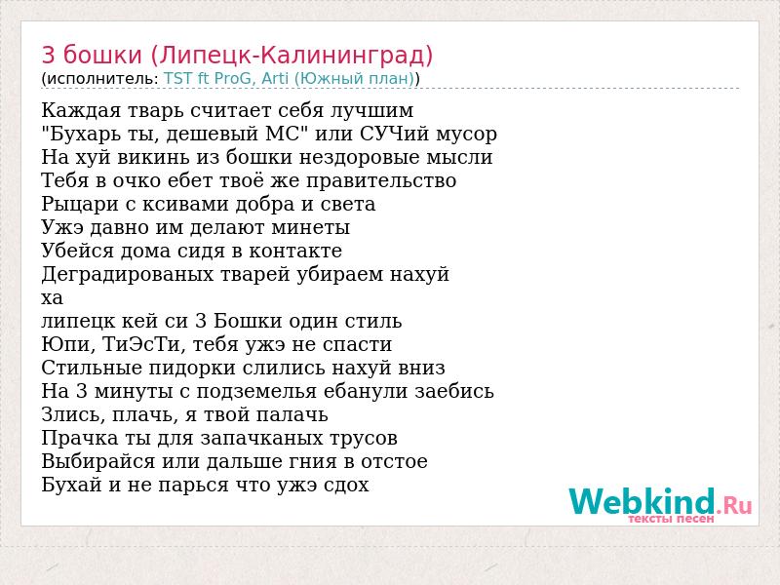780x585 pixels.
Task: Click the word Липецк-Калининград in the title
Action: click(x=292, y=56)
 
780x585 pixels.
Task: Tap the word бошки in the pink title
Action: click(x=102, y=55)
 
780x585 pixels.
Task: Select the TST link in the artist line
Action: click(x=178, y=79)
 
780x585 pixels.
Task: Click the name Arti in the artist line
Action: click(x=275, y=79)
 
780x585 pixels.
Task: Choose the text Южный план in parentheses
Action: click(x=357, y=79)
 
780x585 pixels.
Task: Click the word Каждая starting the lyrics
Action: click(x=81, y=110)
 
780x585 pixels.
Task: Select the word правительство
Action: click(x=381, y=180)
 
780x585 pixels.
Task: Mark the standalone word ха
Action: click(x=53, y=298)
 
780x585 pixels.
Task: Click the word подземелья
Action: click(x=256, y=391)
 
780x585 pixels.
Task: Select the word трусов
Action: click(x=367, y=438)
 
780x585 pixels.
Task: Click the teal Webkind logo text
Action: click(x=643, y=501)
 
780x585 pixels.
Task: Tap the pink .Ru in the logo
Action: click(x=735, y=506)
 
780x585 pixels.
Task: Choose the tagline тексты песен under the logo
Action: click(x=671, y=519)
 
